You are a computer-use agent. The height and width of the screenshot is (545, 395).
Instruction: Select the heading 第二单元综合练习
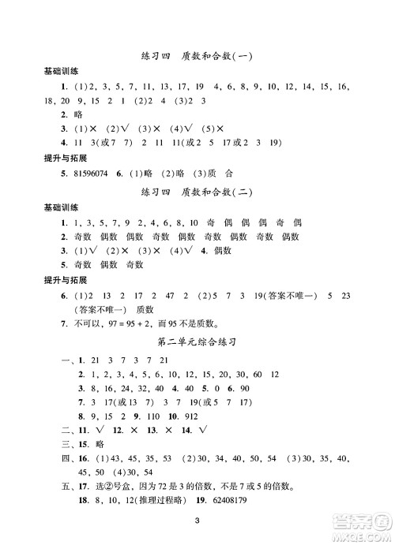(197, 342)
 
